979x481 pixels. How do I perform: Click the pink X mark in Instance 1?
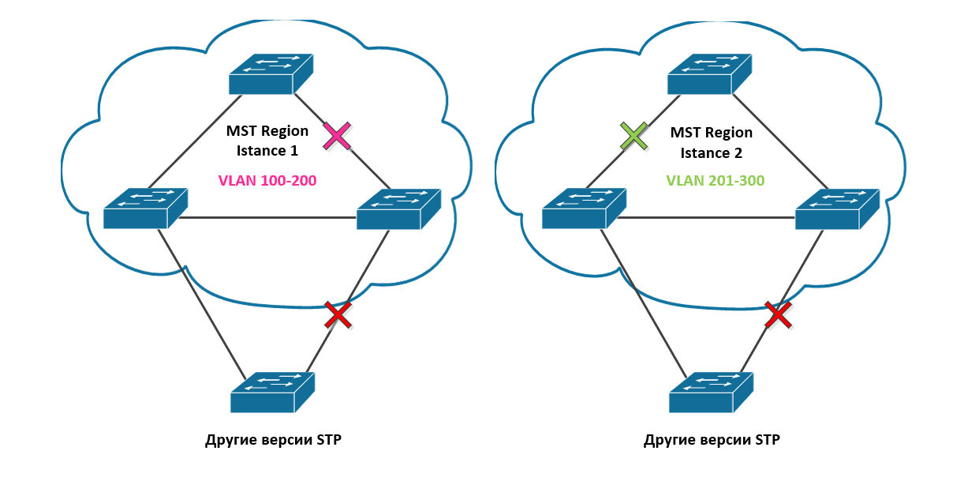point(338,136)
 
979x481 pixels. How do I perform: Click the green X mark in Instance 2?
point(634,136)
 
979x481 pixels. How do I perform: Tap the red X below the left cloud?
point(338,314)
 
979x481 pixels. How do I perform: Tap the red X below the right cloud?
point(778,314)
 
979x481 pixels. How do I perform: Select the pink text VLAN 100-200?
point(267,181)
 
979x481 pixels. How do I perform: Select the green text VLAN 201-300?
point(715,181)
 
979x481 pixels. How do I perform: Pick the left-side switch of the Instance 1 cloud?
point(145,209)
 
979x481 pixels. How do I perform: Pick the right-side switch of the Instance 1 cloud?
point(398,209)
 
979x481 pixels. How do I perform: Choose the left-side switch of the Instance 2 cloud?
point(584,209)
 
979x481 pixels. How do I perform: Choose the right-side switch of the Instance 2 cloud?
point(837,209)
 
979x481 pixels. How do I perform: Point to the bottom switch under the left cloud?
point(273,392)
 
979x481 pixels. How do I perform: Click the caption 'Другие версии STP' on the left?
point(273,440)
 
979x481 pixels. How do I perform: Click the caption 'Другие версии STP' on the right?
point(712,440)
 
